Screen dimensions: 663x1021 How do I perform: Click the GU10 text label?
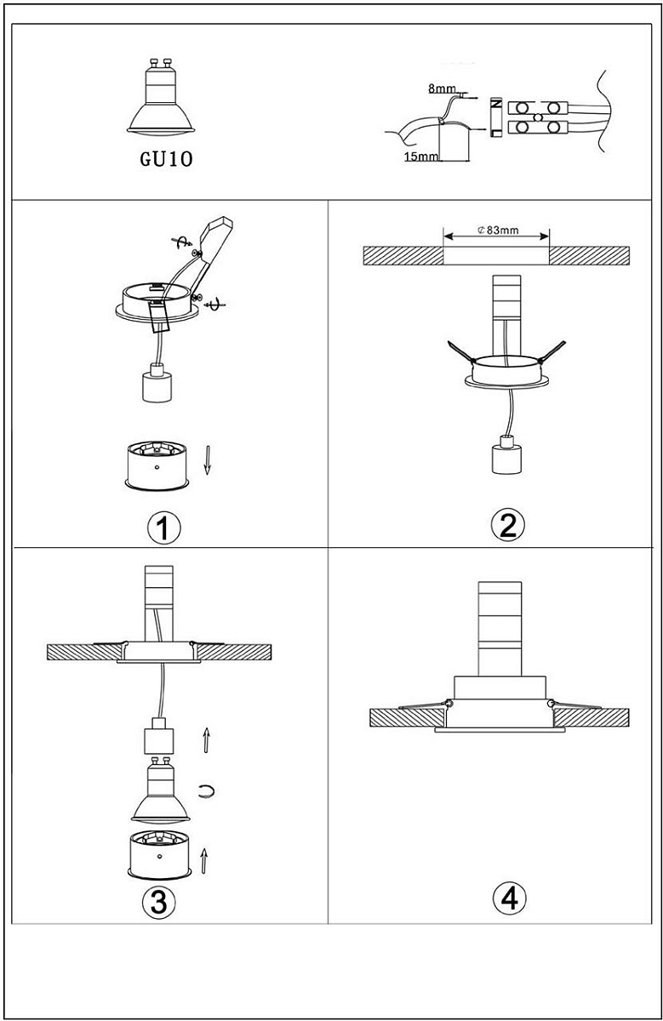click(x=166, y=159)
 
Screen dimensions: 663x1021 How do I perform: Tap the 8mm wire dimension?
click(x=442, y=88)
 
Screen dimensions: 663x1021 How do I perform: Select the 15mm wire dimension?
click(x=421, y=157)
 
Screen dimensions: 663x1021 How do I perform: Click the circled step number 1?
click(x=163, y=528)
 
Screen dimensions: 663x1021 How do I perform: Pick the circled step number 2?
click(x=507, y=525)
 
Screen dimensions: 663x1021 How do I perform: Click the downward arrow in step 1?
click(x=208, y=460)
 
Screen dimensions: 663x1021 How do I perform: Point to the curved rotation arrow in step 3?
click(x=207, y=791)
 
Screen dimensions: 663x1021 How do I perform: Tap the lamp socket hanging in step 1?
click(x=157, y=383)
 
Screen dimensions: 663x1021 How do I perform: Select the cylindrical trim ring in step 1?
click(x=157, y=466)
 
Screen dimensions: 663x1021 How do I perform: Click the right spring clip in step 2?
click(x=552, y=351)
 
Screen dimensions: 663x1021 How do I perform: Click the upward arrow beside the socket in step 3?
click(x=206, y=740)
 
